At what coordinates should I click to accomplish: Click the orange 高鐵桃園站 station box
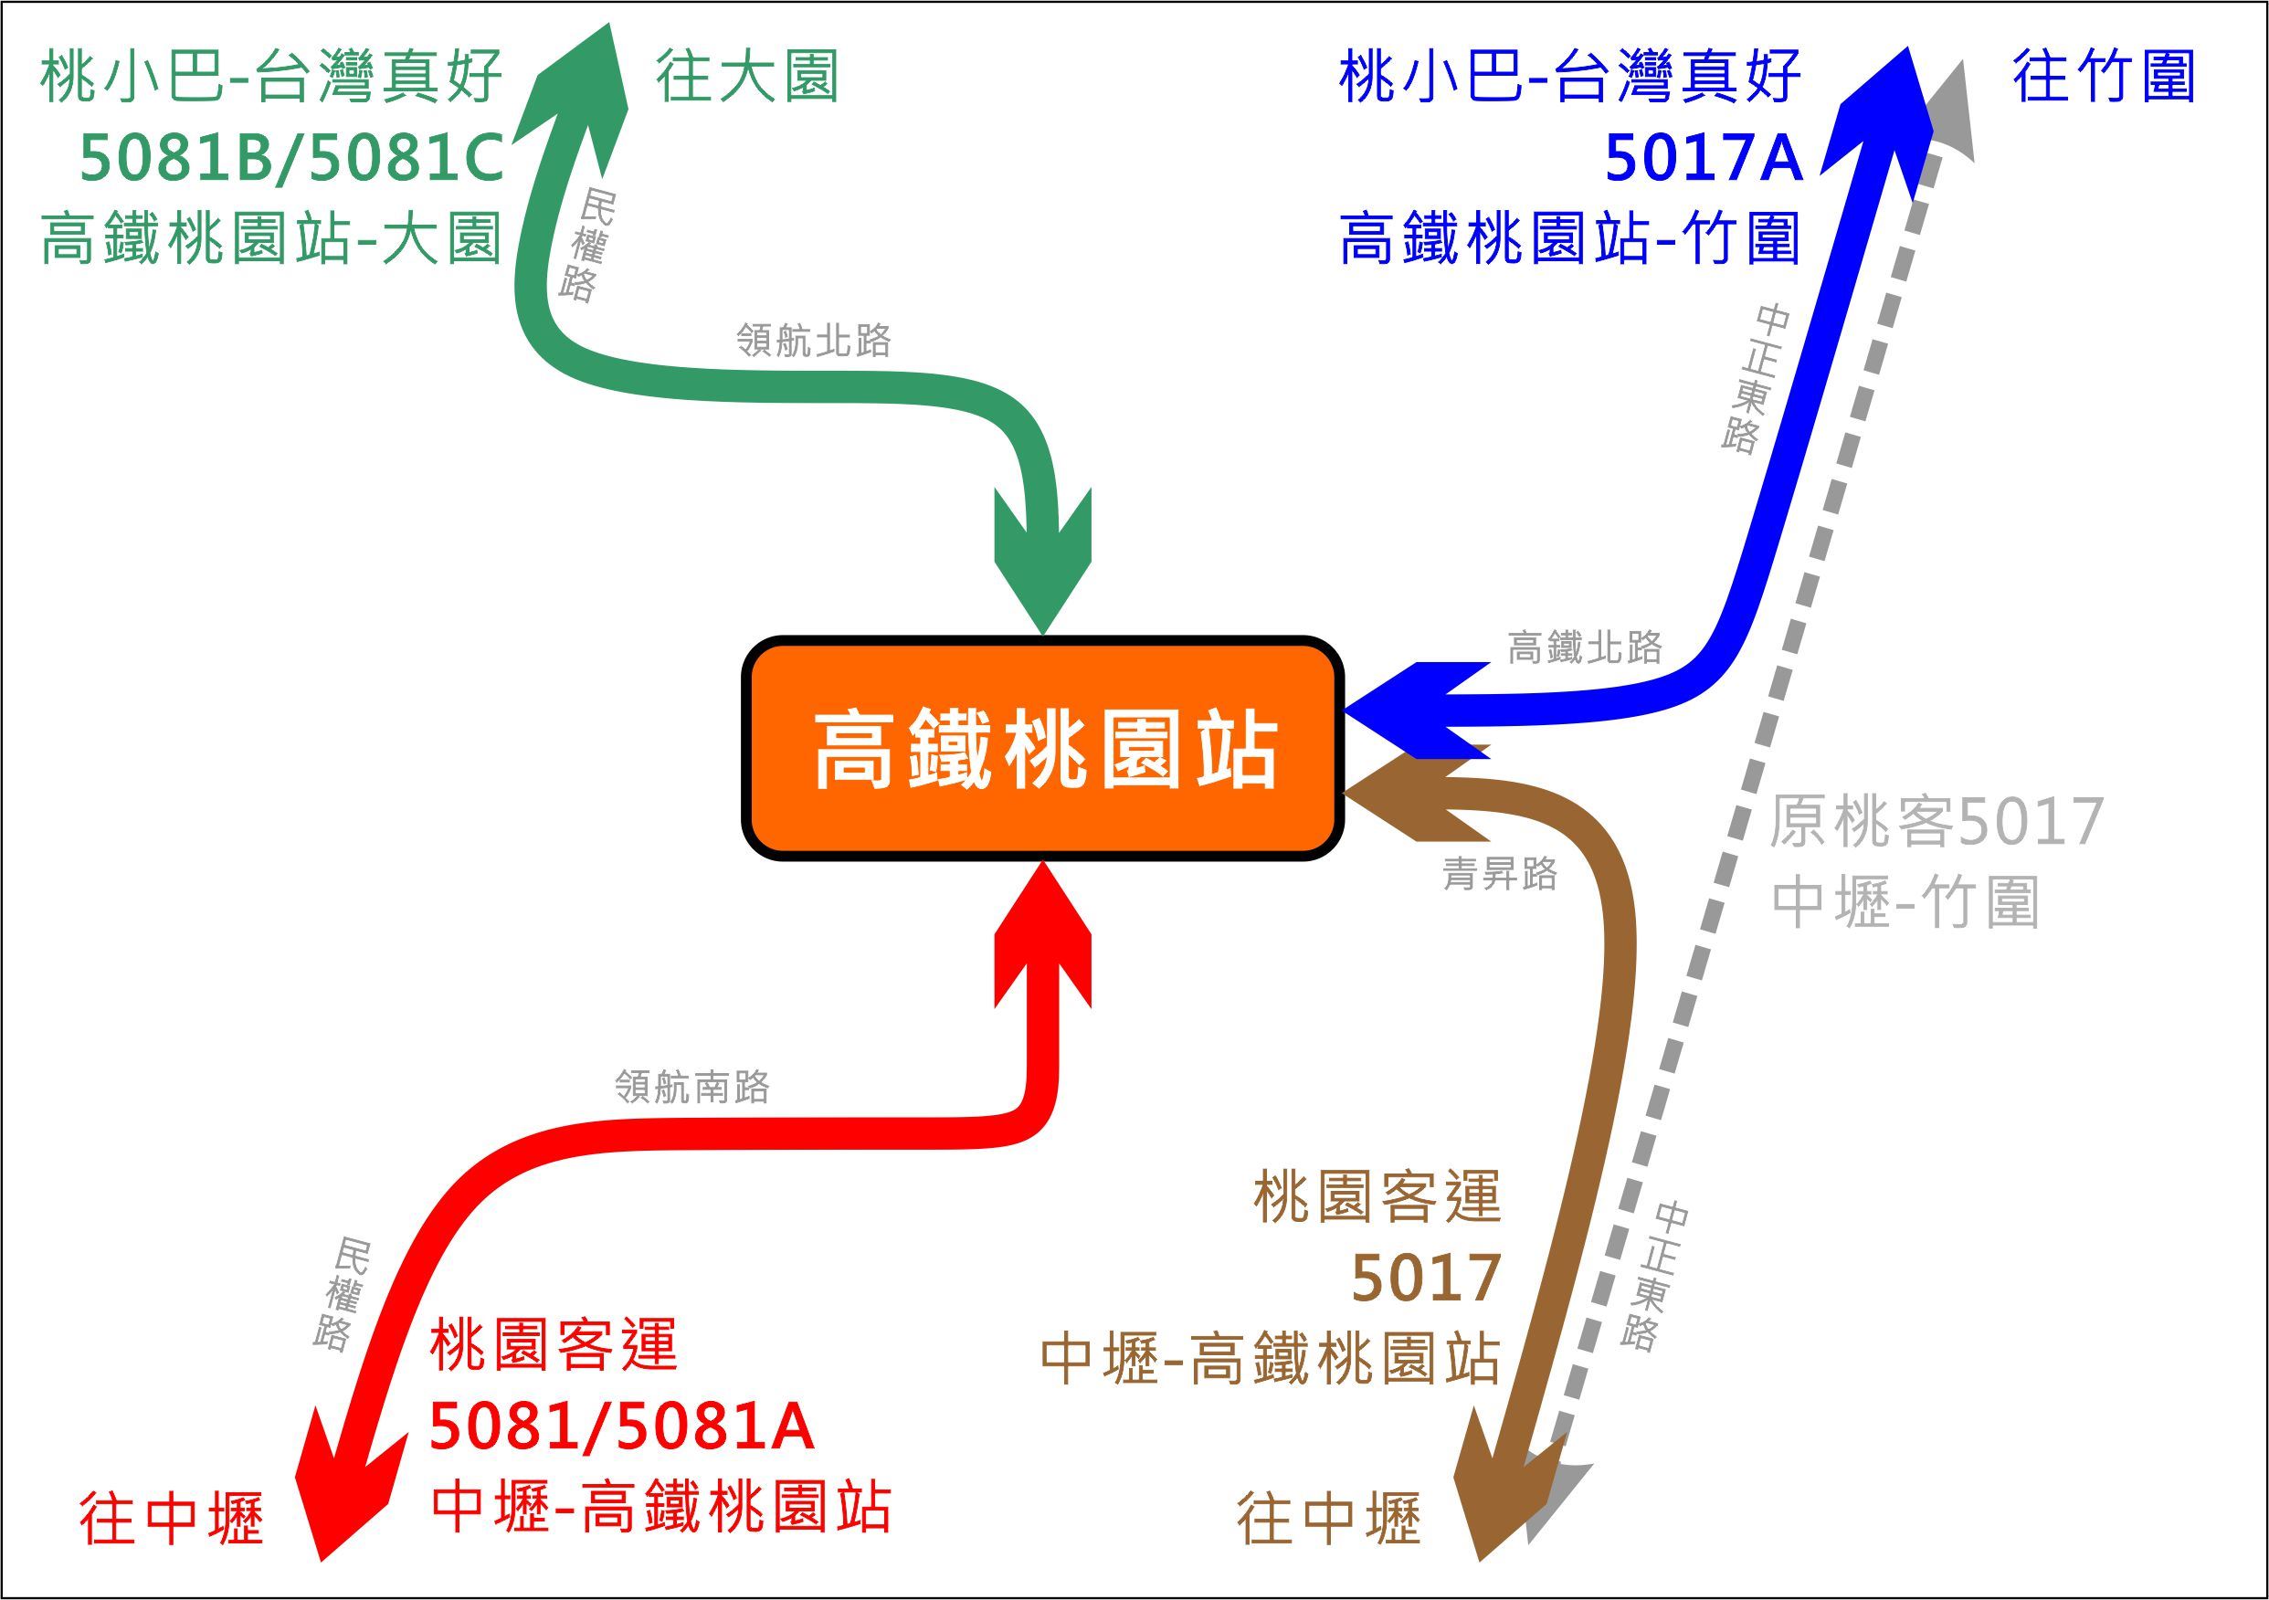pos(1042,747)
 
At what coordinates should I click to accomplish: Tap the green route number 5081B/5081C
pos(291,158)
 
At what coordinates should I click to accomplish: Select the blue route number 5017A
pos(1704,158)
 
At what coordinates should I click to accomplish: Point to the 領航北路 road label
pos(813,341)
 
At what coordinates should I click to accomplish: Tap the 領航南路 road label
pos(691,1087)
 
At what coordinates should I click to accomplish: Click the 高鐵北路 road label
pos(1584,648)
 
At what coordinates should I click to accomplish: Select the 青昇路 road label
pos(1499,874)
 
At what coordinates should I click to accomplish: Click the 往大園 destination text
pos(746,76)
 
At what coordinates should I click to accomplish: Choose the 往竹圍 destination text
pos(2104,76)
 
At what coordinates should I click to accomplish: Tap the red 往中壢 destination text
pos(171,1519)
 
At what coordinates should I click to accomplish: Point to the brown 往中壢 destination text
pos(1328,1519)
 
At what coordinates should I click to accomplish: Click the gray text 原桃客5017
pos(1936,822)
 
